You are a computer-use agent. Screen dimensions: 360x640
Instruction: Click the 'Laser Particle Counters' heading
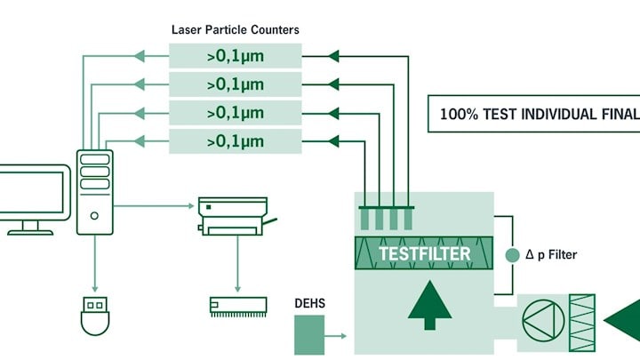(235, 29)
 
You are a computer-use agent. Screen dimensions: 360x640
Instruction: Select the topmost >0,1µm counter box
(235, 58)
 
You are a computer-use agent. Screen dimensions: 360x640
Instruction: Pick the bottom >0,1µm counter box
(235, 140)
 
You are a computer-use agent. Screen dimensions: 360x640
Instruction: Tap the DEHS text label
(309, 304)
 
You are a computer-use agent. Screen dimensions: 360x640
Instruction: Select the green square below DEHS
(309, 336)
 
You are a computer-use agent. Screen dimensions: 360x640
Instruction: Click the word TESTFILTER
(424, 253)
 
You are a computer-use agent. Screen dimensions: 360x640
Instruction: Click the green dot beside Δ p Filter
(511, 255)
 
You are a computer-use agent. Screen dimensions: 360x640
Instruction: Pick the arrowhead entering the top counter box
(333, 57)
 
